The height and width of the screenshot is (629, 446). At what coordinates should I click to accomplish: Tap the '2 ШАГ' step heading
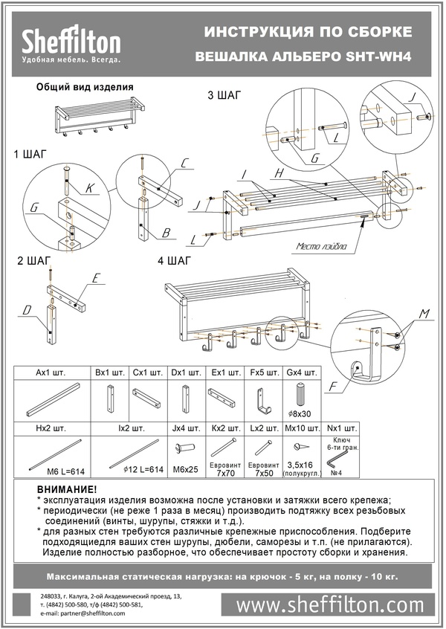point(34,261)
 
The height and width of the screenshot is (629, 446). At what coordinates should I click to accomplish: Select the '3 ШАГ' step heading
point(225,95)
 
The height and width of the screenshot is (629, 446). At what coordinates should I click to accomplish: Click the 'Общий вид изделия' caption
point(85,86)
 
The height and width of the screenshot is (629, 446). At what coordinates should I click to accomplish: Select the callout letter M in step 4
point(423,314)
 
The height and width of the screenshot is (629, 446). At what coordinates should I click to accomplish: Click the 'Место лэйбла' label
point(322,247)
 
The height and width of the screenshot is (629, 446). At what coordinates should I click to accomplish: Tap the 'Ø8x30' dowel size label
point(301,414)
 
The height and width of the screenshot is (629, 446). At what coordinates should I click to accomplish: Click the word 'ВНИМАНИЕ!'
point(66,490)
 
